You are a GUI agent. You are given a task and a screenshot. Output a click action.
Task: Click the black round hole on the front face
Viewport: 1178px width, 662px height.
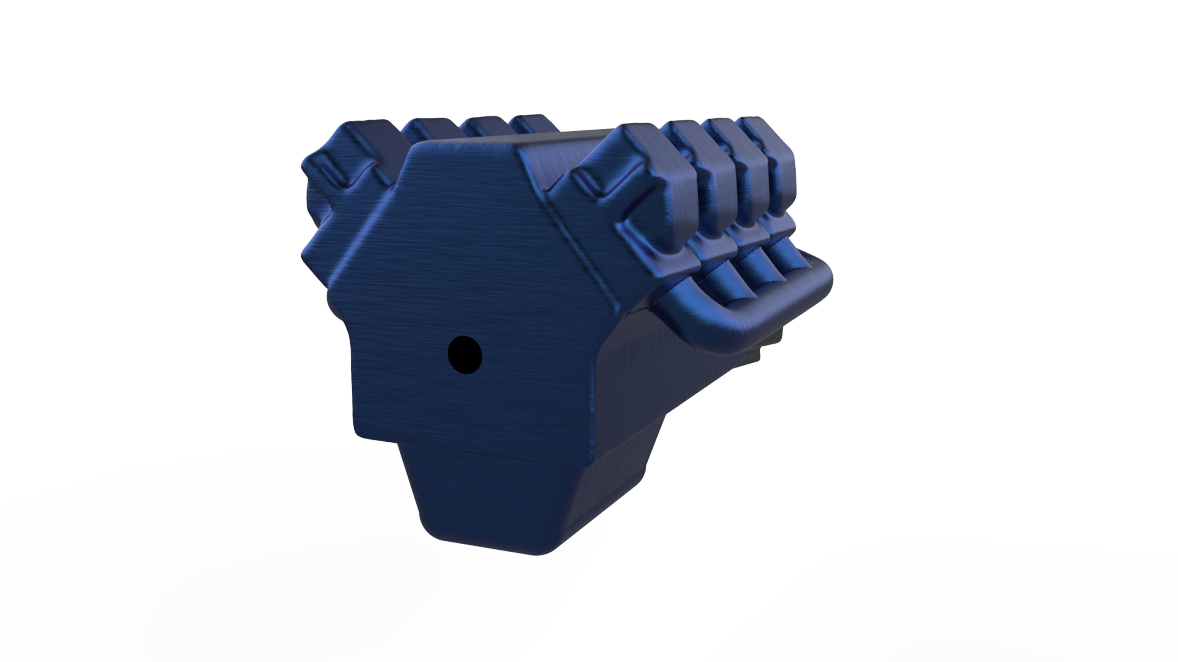465,355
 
